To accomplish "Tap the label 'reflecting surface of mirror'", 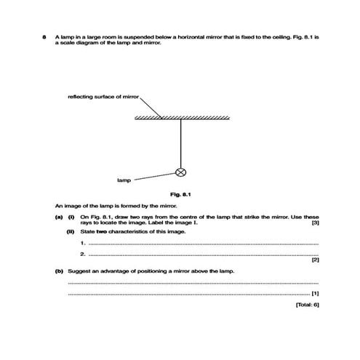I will [103, 96].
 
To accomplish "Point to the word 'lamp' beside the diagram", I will [123, 179].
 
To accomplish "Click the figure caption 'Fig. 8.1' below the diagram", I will [180, 194].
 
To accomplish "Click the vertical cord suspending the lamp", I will [181, 142].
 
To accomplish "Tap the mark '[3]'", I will [315, 223].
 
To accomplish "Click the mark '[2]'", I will [315, 260].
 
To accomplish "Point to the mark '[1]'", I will [315, 292].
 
